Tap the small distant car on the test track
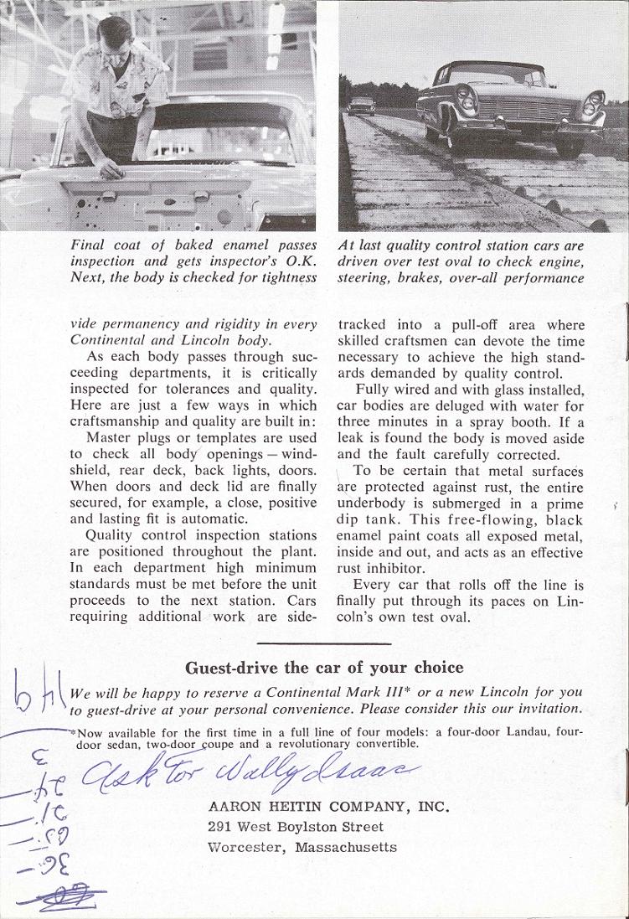pos(361,106)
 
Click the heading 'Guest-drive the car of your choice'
pos(323,668)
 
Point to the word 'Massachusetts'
pos(346,847)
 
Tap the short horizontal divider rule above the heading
pos(323,643)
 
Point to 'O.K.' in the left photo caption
pos(301,261)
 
